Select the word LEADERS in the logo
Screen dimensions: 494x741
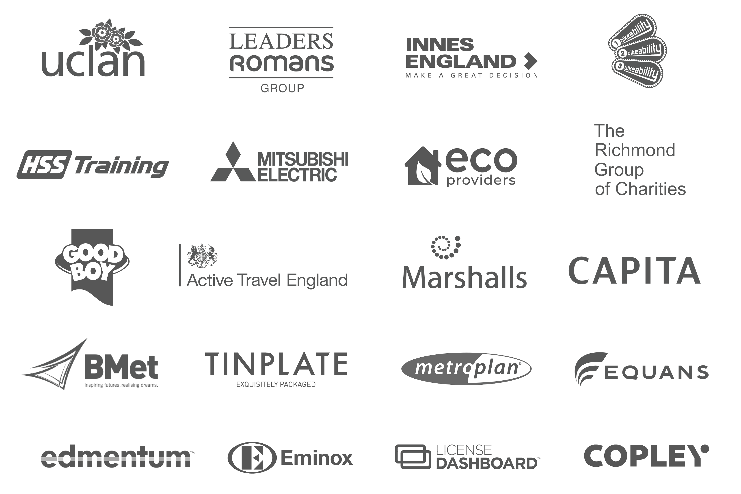(281, 41)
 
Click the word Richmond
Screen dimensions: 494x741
(635, 150)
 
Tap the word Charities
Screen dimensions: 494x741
(650, 189)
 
